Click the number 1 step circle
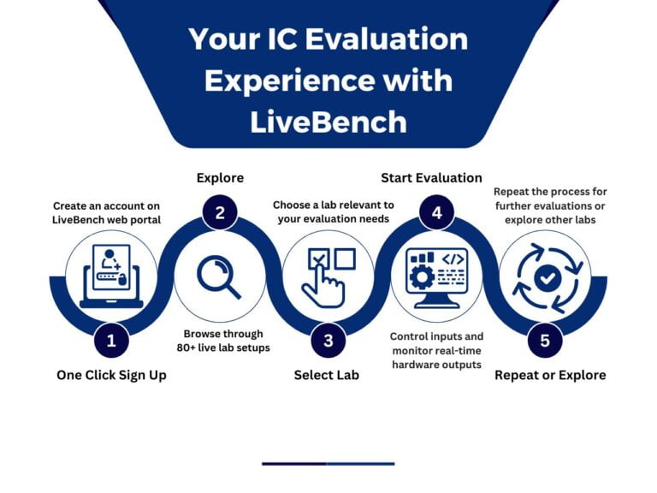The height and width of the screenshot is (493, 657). (x=111, y=341)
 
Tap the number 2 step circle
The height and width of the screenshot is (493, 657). (x=220, y=213)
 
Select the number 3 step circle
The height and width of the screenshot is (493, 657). (x=328, y=341)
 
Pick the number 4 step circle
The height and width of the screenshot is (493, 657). (x=436, y=213)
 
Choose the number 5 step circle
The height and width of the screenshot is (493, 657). (x=545, y=341)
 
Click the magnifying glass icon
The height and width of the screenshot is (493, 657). (x=219, y=277)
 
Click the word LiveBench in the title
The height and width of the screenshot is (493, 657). (x=328, y=121)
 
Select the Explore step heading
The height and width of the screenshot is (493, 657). (x=220, y=178)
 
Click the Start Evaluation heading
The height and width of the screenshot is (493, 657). (x=431, y=178)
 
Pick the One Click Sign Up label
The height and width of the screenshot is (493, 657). (x=112, y=375)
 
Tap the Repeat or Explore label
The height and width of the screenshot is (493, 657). (x=550, y=375)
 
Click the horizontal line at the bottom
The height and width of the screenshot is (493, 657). (x=328, y=463)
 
